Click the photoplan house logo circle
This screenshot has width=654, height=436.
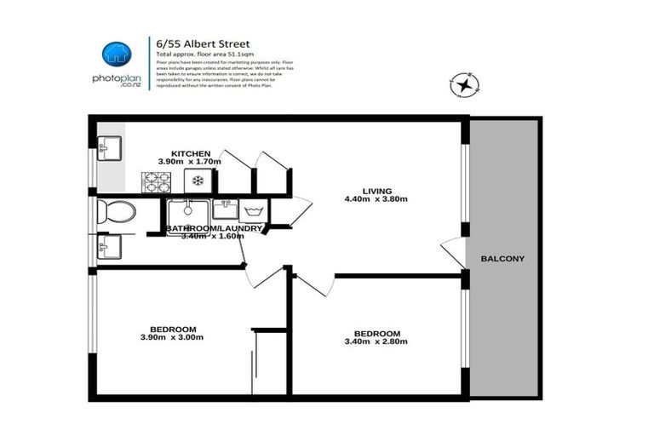coord(117,54)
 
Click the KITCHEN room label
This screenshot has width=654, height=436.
coord(190,153)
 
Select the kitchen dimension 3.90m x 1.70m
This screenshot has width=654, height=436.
coord(190,162)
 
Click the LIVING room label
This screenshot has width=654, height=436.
coord(376,191)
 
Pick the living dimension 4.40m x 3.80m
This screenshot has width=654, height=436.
coord(376,200)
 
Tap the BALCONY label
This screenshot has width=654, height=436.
coord(502,259)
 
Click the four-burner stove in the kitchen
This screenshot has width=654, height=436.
coord(156,181)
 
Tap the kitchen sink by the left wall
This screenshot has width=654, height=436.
coord(108,148)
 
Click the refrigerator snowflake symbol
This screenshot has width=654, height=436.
coord(198,181)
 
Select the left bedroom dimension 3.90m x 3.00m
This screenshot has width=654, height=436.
coord(173,338)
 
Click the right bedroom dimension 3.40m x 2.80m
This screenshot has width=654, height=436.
coord(376,342)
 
